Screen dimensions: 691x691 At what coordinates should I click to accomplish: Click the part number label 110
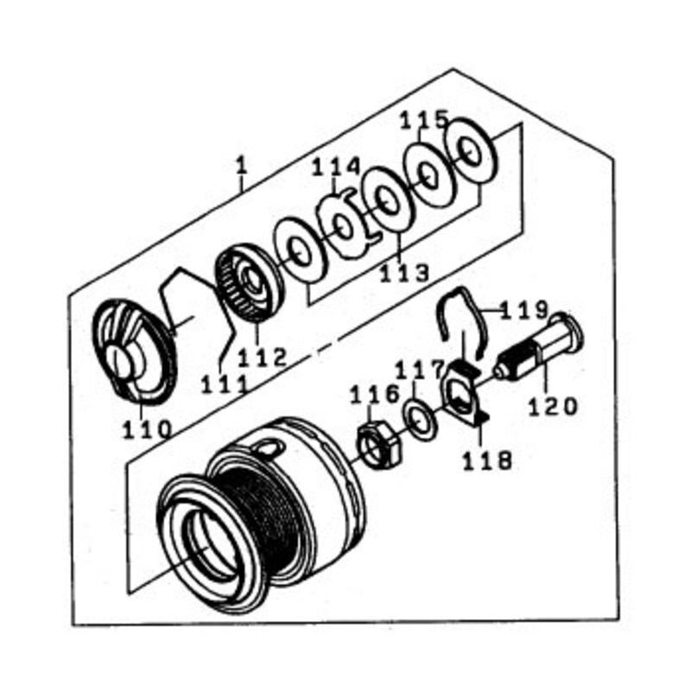(147, 429)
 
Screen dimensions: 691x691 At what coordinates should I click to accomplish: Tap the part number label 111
(225, 385)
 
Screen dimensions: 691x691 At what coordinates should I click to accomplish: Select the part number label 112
(263, 358)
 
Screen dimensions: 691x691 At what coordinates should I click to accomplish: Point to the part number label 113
(404, 273)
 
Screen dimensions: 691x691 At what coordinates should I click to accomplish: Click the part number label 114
(336, 168)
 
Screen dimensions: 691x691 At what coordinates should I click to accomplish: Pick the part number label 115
(424, 120)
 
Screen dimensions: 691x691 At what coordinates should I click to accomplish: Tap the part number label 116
(375, 396)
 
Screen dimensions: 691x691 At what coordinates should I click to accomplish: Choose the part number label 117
(418, 370)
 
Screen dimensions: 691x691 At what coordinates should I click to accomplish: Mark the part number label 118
(487, 460)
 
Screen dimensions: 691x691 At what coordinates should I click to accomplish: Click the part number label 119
(524, 310)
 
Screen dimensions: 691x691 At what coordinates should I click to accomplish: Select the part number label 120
(553, 406)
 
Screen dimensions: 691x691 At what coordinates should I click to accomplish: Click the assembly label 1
(241, 167)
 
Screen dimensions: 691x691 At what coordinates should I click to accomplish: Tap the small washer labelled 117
(421, 419)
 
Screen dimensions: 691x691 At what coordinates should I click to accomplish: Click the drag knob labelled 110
(135, 352)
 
